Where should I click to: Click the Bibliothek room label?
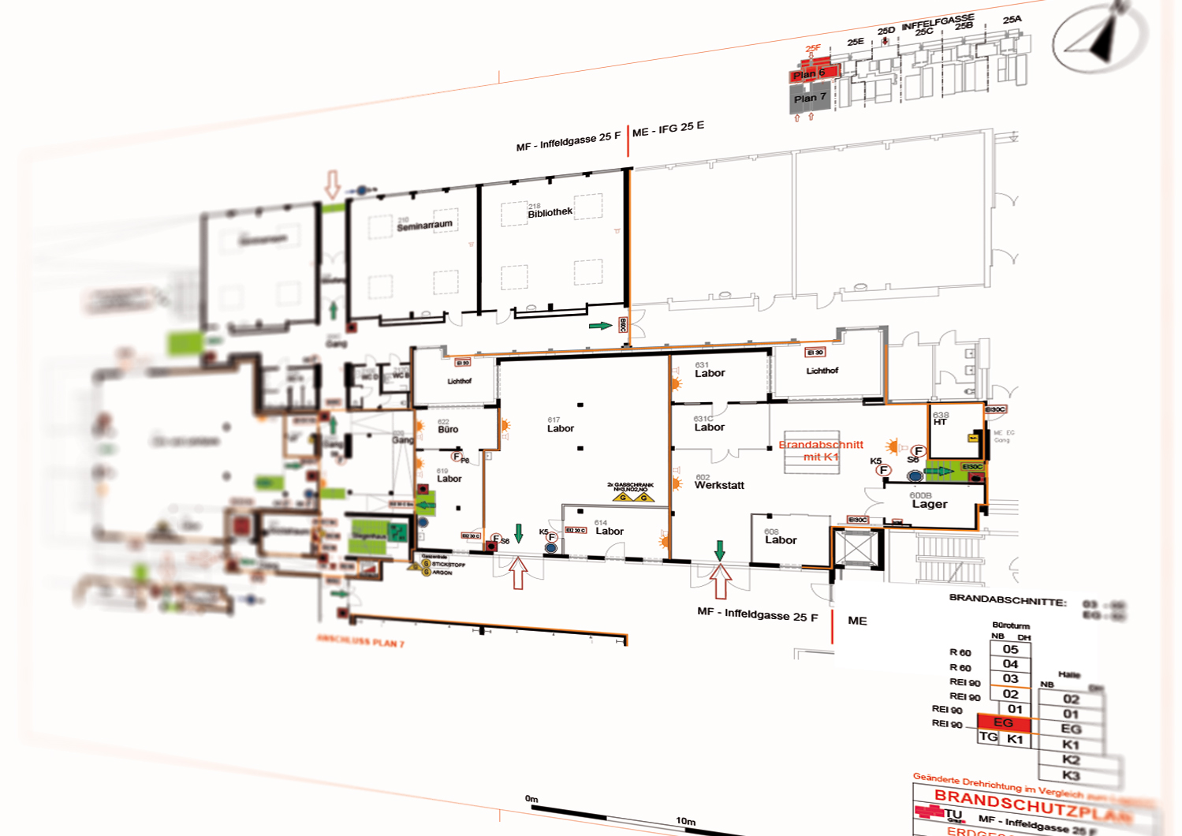(550, 213)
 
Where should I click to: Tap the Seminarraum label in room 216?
(424, 226)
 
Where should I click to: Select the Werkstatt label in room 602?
(719, 486)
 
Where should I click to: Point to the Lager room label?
(930, 505)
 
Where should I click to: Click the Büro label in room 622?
(448, 430)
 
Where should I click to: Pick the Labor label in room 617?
(561, 429)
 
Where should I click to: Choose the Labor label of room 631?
(710, 374)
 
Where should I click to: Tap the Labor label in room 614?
(610, 532)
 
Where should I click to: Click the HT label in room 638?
(940, 422)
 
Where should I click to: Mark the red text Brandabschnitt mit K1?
(821, 450)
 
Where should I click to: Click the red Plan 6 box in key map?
(810, 74)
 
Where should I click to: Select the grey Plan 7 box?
(810, 99)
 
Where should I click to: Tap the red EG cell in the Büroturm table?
(1003, 722)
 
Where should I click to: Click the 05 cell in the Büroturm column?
(1010, 650)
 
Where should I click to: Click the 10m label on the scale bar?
(685, 821)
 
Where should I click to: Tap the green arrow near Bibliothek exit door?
(600, 325)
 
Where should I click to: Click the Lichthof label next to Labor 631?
(822, 371)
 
